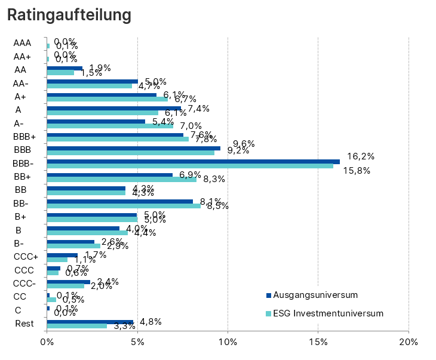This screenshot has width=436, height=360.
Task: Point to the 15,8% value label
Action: click(357, 171)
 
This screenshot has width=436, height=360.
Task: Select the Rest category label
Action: click(24, 324)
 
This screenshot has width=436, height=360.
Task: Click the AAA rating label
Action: click(22, 43)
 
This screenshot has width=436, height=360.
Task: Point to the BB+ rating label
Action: click(23, 177)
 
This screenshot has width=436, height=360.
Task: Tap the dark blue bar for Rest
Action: click(90, 322)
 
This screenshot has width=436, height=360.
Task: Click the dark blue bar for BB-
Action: click(119, 201)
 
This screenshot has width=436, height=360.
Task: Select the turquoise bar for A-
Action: click(110, 125)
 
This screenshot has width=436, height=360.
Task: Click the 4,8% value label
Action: click(150, 321)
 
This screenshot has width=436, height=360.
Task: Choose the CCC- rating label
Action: click(24, 283)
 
